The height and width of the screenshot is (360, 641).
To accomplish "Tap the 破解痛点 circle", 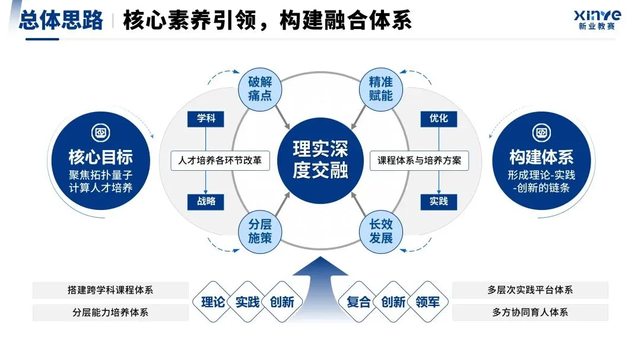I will (x=259, y=88).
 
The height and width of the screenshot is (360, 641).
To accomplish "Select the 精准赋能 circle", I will (x=381, y=88).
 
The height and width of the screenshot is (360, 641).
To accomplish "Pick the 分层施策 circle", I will (x=259, y=231).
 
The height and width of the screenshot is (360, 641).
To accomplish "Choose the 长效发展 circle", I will (x=381, y=231).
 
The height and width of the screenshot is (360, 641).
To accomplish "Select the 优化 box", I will (x=439, y=119).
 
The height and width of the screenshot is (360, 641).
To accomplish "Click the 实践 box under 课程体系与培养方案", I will (x=439, y=201).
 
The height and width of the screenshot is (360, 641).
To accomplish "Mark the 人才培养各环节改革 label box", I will (x=220, y=161).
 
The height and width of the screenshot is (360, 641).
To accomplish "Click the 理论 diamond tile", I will (x=213, y=302).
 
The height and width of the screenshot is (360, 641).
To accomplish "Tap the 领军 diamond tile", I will (x=428, y=302).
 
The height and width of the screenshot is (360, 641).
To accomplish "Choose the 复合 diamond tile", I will (x=358, y=302).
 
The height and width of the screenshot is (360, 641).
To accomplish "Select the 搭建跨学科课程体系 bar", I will (x=110, y=291).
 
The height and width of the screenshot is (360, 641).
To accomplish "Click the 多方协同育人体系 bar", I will (x=530, y=313).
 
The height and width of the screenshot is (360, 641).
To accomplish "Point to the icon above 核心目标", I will (x=100, y=132).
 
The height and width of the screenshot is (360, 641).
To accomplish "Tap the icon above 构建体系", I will (x=541, y=132).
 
